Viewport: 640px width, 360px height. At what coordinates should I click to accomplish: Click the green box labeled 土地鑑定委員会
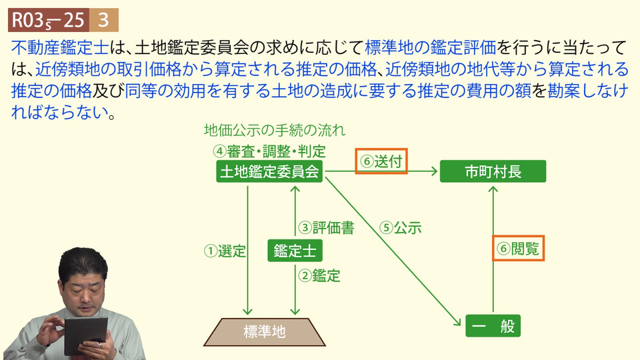point(269,171)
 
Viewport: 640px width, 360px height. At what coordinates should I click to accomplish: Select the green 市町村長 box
point(493,171)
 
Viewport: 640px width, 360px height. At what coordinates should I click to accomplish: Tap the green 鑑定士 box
point(295,251)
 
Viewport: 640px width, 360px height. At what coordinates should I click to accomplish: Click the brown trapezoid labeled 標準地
point(265,332)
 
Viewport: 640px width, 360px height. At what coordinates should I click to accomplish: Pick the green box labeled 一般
point(493,326)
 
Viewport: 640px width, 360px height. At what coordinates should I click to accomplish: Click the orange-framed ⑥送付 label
point(381,161)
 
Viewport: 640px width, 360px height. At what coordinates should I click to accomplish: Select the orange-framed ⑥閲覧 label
point(518,248)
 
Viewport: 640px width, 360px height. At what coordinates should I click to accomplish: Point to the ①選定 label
point(225,251)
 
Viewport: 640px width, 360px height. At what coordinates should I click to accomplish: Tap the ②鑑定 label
point(319,275)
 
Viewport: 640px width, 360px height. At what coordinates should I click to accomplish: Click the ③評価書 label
point(326,227)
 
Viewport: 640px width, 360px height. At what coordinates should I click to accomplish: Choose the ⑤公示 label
point(401,227)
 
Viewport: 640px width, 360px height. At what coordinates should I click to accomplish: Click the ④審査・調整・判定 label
point(269,151)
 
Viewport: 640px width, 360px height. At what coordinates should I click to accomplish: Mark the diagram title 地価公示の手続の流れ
point(275,130)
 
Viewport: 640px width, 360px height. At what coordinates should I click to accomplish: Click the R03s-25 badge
point(49,20)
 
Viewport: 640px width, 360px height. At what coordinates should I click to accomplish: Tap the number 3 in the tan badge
point(104,20)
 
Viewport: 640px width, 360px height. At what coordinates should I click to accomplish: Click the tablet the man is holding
point(86,335)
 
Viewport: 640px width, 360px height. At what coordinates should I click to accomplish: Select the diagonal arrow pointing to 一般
point(393,251)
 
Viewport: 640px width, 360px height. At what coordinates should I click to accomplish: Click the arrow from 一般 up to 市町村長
point(493,249)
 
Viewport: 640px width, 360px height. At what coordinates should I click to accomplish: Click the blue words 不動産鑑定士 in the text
point(61,48)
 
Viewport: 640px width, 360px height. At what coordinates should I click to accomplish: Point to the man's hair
point(83,261)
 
